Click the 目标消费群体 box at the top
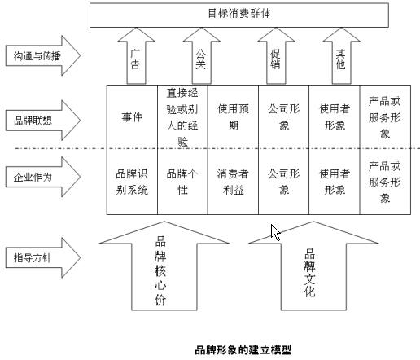(239, 15)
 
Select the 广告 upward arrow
(137, 56)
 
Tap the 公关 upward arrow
(202, 56)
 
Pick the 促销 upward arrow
(276, 56)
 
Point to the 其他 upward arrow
(341, 56)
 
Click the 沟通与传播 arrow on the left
(43, 55)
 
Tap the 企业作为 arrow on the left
(43, 177)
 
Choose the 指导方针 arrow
(43, 257)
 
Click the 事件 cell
(132, 117)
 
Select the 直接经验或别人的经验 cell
(182, 117)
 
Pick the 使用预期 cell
(233, 117)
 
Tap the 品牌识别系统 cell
(132, 182)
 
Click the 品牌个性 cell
(182, 182)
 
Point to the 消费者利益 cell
(233, 182)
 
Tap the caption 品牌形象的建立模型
(243, 350)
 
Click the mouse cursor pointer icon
(275, 231)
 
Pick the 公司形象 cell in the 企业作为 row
(284, 182)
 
